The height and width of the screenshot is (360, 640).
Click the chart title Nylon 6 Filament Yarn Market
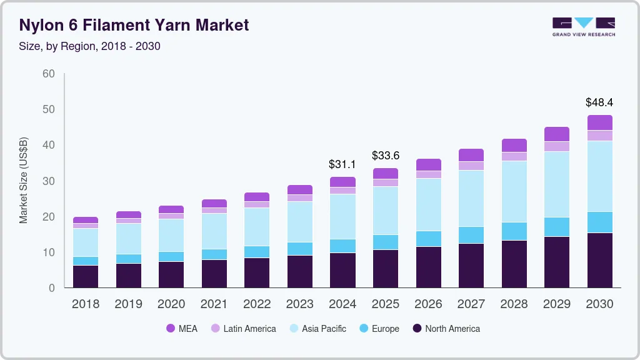(x=134, y=25)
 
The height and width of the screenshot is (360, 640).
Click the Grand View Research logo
(x=583, y=26)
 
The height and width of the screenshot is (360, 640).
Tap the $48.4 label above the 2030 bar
(x=599, y=102)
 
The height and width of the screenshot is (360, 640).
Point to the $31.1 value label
(x=342, y=164)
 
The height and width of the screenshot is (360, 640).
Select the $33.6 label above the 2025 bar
(x=386, y=155)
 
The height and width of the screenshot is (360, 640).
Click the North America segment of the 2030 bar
(x=599, y=260)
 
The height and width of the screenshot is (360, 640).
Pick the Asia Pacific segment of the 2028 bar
(x=514, y=191)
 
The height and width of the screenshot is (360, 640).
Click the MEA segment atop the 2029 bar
(x=557, y=134)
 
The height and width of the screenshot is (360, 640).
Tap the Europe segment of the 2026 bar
(x=428, y=239)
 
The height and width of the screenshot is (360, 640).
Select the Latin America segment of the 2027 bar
(x=471, y=166)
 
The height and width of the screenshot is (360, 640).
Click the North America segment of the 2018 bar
(x=86, y=276)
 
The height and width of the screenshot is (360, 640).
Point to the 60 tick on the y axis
(x=48, y=74)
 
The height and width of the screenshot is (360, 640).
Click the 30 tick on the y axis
(x=48, y=181)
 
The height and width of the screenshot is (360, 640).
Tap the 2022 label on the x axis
(x=257, y=304)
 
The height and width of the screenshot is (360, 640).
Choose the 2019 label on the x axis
(x=128, y=304)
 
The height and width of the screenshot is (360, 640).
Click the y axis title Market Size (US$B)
(x=24, y=180)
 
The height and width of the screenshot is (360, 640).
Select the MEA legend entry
(x=182, y=328)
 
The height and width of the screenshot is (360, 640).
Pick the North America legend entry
(x=446, y=328)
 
